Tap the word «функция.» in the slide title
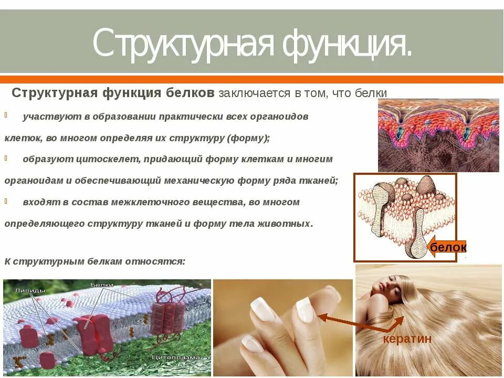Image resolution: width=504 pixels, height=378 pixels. [346, 44]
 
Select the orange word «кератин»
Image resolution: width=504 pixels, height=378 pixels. [407, 339]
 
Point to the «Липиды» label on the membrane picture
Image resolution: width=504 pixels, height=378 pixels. [30, 290]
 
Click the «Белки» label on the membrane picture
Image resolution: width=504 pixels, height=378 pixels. [101, 285]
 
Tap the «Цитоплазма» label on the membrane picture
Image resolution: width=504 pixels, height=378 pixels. [175, 357]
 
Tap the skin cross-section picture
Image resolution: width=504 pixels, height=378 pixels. [438, 135]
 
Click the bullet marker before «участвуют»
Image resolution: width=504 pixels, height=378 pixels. [6, 115]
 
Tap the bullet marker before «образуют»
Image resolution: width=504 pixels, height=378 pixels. [6, 158]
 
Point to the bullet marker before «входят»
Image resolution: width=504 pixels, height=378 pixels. [6, 201]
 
